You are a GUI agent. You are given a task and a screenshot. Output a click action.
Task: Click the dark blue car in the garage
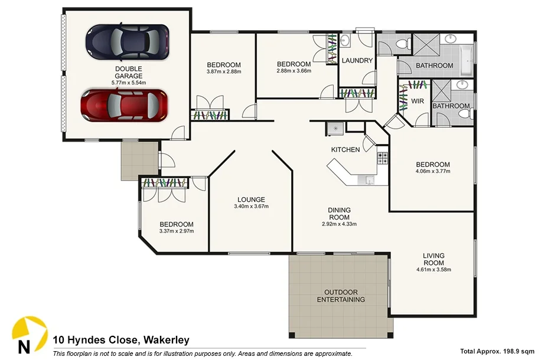coord(128,41)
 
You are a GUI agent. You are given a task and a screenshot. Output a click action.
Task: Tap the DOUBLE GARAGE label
coord(128,72)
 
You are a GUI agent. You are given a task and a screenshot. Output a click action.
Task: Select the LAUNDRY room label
coord(357,61)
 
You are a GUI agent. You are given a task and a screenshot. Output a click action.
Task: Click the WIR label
coord(418,102)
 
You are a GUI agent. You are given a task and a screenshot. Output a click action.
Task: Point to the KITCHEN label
coord(345,150)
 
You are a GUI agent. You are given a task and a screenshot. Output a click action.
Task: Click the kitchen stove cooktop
coord(382,158)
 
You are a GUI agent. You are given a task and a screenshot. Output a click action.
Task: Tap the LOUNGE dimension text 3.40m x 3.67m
coord(251,207)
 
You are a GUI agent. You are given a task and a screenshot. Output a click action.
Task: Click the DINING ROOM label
coord(340,214)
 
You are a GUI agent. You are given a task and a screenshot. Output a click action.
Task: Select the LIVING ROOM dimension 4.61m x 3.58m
coord(434,270)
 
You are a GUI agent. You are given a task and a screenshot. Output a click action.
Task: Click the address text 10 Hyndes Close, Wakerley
coord(120,340)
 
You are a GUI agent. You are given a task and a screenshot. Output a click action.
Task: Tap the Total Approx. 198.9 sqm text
coord(497,350)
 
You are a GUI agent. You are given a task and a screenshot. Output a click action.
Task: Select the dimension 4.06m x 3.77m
coord(433,172)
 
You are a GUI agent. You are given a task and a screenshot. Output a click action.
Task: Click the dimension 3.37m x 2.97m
coord(176,231)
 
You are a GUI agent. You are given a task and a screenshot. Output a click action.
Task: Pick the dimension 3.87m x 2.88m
coord(223,72)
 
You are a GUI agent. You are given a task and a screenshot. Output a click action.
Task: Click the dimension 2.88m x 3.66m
coord(294,71)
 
